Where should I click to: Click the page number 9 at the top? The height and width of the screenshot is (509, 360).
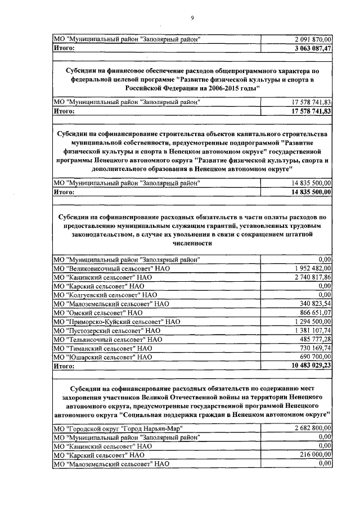(192, 18)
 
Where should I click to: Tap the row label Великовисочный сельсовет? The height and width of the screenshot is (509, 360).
(111, 269)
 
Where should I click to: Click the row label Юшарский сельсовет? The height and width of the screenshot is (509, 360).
(102, 357)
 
